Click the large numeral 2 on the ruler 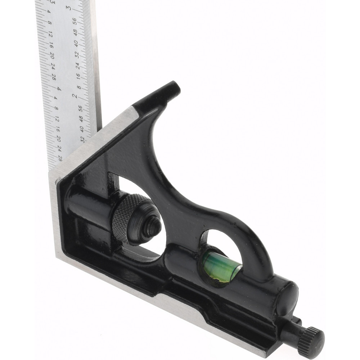[x=75, y=96]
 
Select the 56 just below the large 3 [x=75, y=21]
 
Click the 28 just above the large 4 [x=54, y=77]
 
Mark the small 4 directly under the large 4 [x=56, y=98]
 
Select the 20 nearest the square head [x=59, y=139]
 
